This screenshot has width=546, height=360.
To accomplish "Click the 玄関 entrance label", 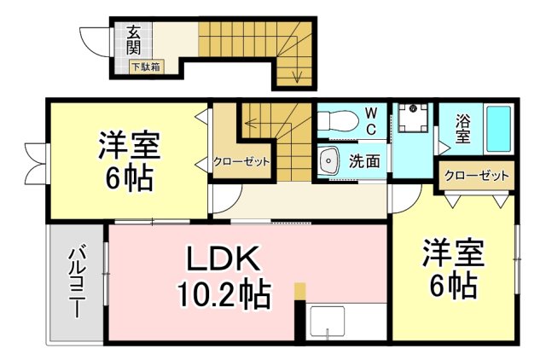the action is click(x=133, y=40).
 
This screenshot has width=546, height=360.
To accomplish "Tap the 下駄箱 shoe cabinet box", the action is click(x=147, y=67).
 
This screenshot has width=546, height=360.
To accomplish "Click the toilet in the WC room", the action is click(x=338, y=121).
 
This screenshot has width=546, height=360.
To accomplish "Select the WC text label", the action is click(x=372, y=121).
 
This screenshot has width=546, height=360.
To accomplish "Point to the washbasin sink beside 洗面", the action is click(x=328, y=161).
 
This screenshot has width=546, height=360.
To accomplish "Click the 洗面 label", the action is click(x=364, y=161).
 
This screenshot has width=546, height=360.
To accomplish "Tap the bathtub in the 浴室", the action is click(x=498, y=129).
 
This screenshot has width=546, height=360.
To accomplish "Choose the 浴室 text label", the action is click(x=462, y=129).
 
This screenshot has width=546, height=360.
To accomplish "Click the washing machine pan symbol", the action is click(x=413, y=118).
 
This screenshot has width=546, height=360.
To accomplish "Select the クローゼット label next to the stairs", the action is click(x=241, y=161).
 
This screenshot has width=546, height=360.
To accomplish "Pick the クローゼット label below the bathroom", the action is click(x=476, y=175).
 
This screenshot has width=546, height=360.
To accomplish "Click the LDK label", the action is click(x=224, y=258).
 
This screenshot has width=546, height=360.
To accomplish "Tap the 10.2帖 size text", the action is click(x=224, y=294).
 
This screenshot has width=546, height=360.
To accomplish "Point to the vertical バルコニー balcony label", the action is click(x=78, y=281).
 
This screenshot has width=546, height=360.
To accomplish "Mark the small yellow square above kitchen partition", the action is click(x=299, y=290).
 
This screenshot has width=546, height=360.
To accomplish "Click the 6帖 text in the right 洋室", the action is click(x=453, y=285).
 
